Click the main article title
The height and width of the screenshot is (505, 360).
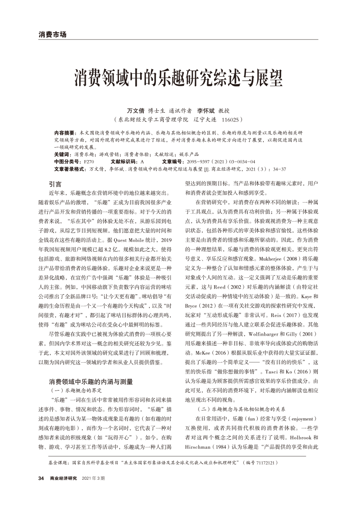pos(180,78)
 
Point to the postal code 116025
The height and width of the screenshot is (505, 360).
pos(231,119)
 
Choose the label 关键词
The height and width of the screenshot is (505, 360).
pos(63,155)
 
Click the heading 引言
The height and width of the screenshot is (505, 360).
pos(55,184)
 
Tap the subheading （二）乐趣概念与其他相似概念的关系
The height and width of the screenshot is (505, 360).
pos(241,410)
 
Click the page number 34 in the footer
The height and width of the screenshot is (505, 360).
pos(41,478)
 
